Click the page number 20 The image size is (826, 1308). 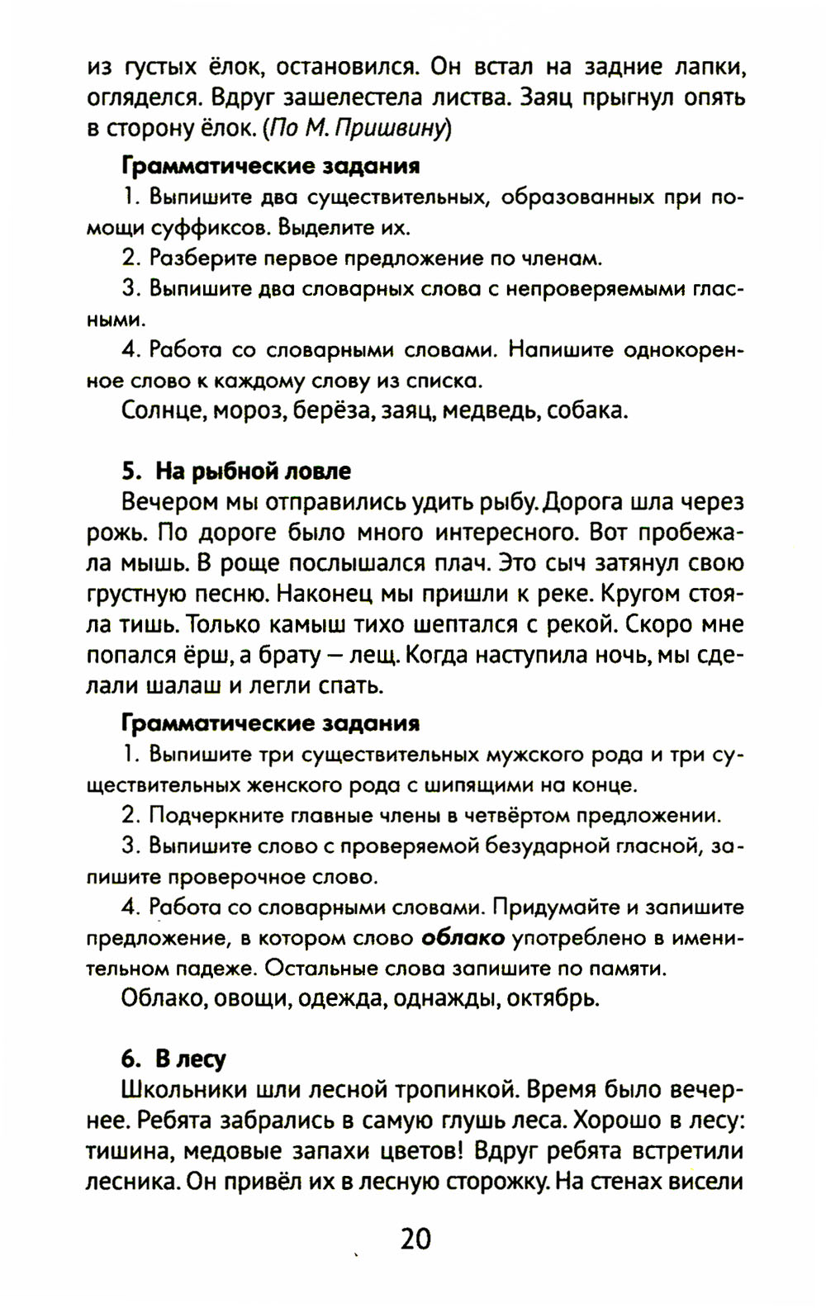tap(415, 1239)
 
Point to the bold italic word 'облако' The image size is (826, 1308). tap(463, 937)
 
